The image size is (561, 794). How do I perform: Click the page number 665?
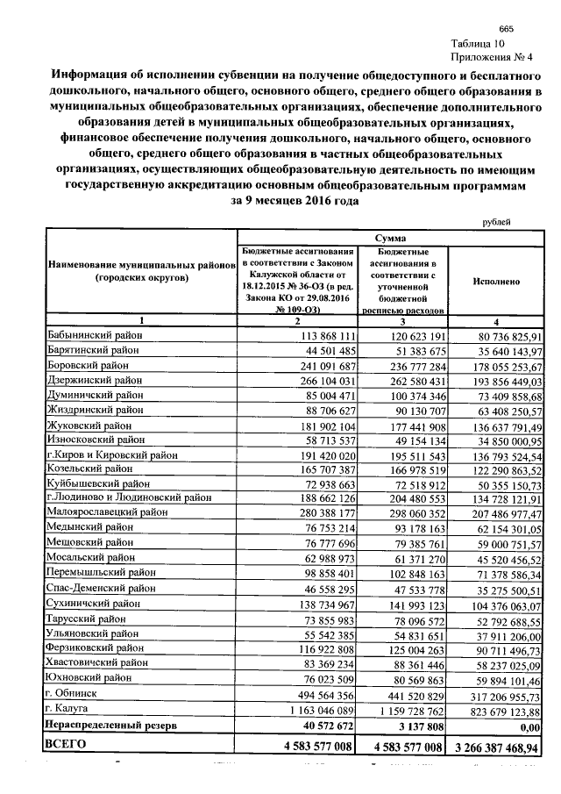[x=504, y=29]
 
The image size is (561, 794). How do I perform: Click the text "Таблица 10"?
[x=479, y=43]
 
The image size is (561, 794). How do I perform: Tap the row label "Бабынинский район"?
[x=91, y=335]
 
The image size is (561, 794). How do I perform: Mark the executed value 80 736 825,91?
[x=506, y=336]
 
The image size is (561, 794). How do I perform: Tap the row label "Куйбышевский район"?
[x=95, y=483]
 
